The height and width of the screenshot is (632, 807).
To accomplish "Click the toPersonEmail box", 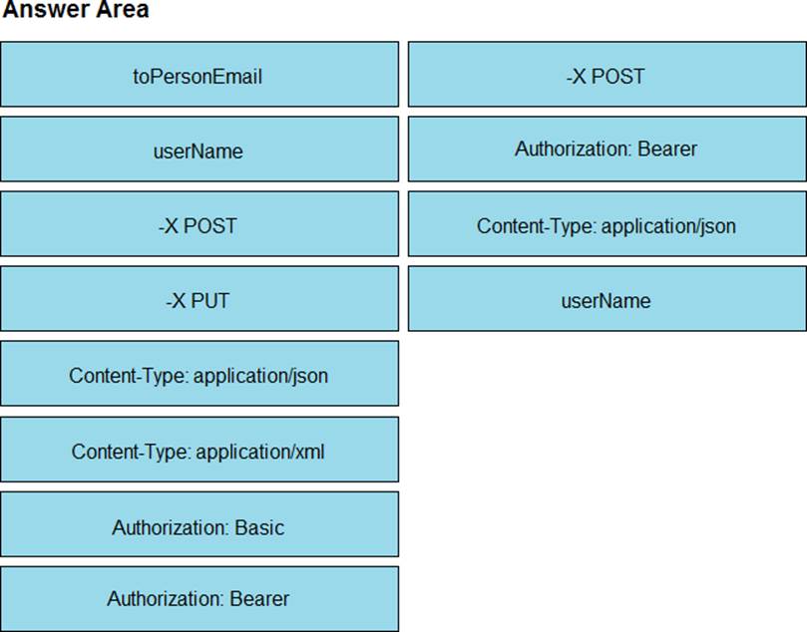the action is (200, 75).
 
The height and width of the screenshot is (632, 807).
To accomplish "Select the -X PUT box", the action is (200, 299).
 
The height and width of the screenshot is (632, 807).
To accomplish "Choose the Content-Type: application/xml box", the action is (200, 450).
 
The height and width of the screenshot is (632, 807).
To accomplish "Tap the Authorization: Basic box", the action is (200, 524).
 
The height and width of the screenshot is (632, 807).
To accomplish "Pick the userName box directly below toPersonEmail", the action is (200, 150).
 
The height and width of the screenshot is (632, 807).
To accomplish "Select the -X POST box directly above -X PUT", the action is (200, 223).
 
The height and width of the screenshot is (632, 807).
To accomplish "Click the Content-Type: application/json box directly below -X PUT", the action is (200, 374).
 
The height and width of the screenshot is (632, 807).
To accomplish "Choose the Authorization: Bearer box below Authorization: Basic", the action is (200, 599).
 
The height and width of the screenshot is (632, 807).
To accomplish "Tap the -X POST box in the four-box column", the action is (607, 75).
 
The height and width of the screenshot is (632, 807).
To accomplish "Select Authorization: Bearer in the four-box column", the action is (607, 150).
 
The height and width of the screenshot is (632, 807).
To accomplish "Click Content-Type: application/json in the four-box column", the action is (607, 223).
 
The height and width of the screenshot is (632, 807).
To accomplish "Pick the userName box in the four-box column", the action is (607, 299).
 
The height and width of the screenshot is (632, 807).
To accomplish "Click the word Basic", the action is (259, 527).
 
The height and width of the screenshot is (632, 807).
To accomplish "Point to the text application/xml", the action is (260, 452).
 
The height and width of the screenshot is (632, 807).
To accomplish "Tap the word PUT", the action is (210, 301).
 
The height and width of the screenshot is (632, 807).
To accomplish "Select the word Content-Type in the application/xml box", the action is (132, 452).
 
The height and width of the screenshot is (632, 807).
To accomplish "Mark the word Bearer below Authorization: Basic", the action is (259, 598).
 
